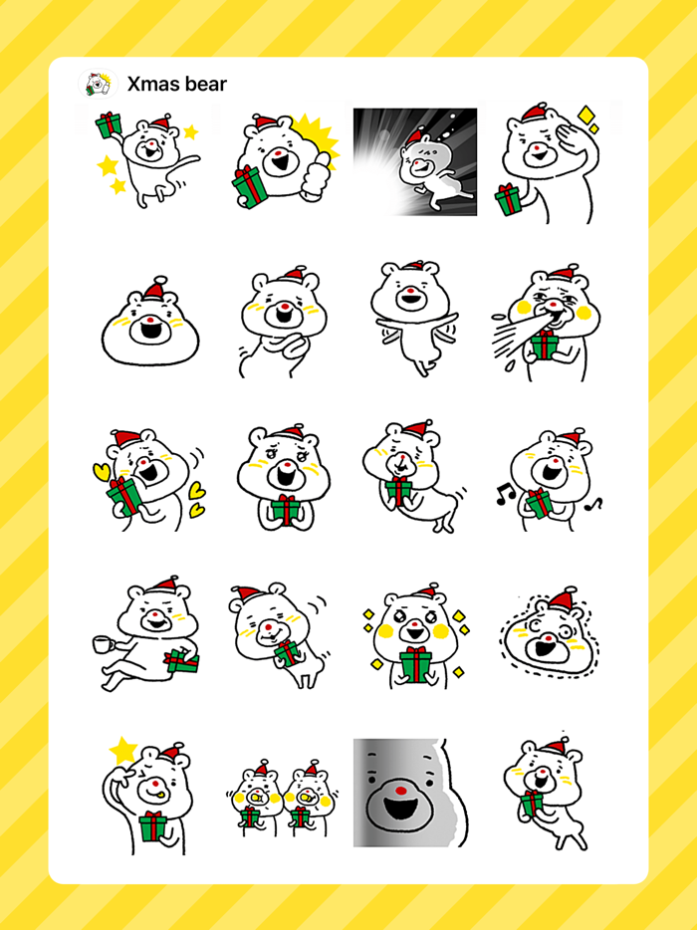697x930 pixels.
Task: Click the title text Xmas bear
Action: pos(176,84)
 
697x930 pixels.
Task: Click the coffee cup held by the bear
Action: pos(102,644)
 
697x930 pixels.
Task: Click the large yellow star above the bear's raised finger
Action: pos(122,750)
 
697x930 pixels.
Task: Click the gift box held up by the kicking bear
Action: pos(109,124)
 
